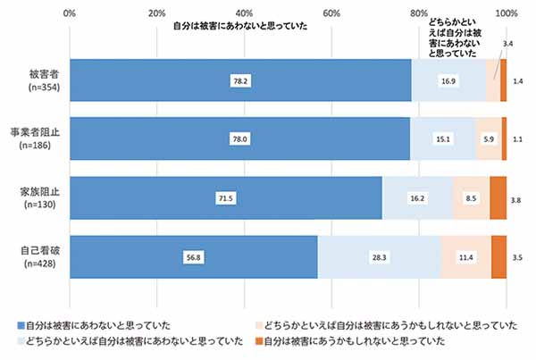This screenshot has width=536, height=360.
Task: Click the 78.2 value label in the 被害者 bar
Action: coord(239,80)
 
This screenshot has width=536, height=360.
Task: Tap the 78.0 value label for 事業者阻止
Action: coord(239,138)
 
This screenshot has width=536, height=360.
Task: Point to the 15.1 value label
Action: coord(442,138)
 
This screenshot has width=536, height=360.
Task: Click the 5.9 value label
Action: coord(488,138)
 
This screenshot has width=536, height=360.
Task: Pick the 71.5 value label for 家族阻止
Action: coord(225,197)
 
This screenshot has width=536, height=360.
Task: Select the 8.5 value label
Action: coord(471,197)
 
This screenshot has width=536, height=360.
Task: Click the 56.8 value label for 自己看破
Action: coord(193,256)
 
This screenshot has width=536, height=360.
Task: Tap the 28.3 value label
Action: coord(379,256)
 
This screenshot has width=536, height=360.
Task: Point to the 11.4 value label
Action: coord(465,256)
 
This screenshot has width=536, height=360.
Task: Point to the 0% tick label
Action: coord(70,13)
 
